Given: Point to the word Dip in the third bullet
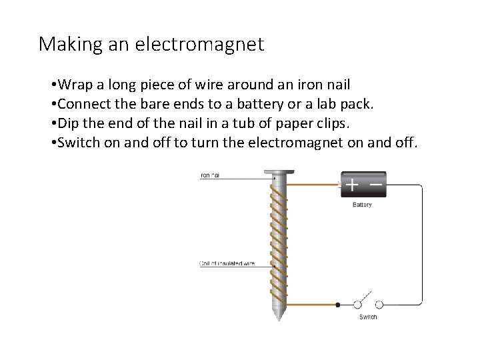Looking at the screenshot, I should pos(68,123).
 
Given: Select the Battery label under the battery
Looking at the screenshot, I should pos(362,205).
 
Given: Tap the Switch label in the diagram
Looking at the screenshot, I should pos(367,317).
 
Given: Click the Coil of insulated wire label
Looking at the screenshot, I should pos(227,264).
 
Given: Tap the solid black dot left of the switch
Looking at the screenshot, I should pos(338,305).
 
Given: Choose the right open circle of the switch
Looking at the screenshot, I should pos(379,305).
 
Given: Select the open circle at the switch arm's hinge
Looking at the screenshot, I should pos(357,305).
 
